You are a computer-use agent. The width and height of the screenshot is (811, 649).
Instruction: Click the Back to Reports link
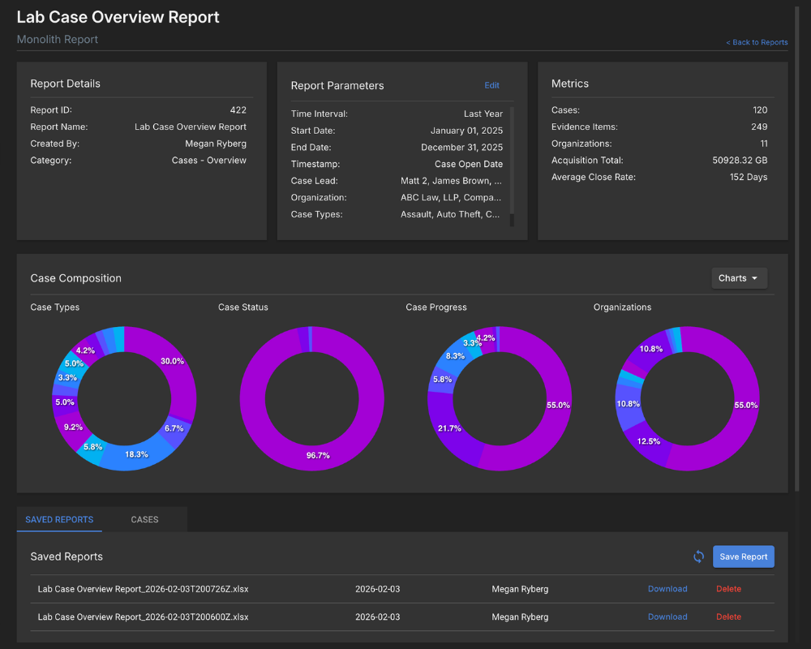(x=757, y=42)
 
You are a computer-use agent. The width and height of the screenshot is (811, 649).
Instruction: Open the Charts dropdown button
(x=738, y=278)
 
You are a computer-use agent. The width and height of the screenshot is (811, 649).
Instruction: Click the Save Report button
(x=743, y=557)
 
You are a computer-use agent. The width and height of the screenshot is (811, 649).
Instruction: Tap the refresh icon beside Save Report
(x=698, y=557)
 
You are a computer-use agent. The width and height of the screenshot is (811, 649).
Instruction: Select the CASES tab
(x=144, y=519)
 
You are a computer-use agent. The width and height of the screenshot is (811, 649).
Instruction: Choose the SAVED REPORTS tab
(x=59, y=519)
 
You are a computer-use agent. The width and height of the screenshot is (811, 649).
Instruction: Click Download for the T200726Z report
(x=667, y=589)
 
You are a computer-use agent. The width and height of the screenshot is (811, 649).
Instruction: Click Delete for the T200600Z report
(x=728, y=617)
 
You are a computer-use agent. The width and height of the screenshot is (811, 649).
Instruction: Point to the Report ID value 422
(x=238, y=110)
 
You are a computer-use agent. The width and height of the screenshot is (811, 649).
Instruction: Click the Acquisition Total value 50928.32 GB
(x=740, y=161)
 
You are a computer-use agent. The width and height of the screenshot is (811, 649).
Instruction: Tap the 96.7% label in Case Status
(x=318, y=455)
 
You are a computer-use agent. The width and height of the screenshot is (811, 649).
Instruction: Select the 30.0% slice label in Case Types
(x=172, y=361)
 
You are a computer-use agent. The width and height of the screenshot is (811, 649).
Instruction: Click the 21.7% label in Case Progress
(x=448, y=428)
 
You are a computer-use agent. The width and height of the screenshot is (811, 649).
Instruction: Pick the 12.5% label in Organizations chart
(x=648, y=441)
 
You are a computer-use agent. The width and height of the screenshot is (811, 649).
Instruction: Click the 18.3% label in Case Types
(x=136, y=454)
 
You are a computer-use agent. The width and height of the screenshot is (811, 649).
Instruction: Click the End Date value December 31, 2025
(x=461, y=148)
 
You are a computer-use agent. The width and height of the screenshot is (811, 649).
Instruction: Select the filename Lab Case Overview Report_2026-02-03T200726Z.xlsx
(x=143, y=589)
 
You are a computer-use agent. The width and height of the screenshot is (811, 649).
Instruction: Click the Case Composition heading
(x=75, y=278)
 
